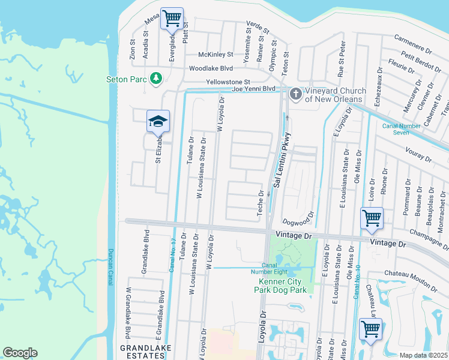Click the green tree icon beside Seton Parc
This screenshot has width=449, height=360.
pos(156,78)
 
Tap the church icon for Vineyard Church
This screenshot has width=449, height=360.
pos(295,94)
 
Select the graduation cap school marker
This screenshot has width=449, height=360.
pos(158,121)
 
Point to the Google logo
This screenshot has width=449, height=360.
pos(20,353)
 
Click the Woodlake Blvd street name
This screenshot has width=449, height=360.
pos(211,68)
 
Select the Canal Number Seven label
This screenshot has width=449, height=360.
pos(402,129)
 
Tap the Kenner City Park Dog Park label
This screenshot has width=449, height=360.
pos(283,286)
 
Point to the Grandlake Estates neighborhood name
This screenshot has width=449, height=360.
pos(145,352)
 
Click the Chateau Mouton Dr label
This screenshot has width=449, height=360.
pos(415,274)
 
